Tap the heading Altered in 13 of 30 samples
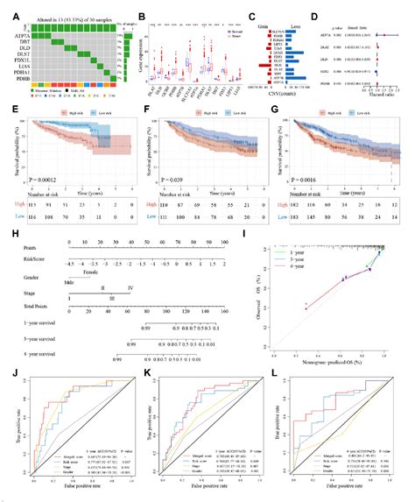coord(61,9)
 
